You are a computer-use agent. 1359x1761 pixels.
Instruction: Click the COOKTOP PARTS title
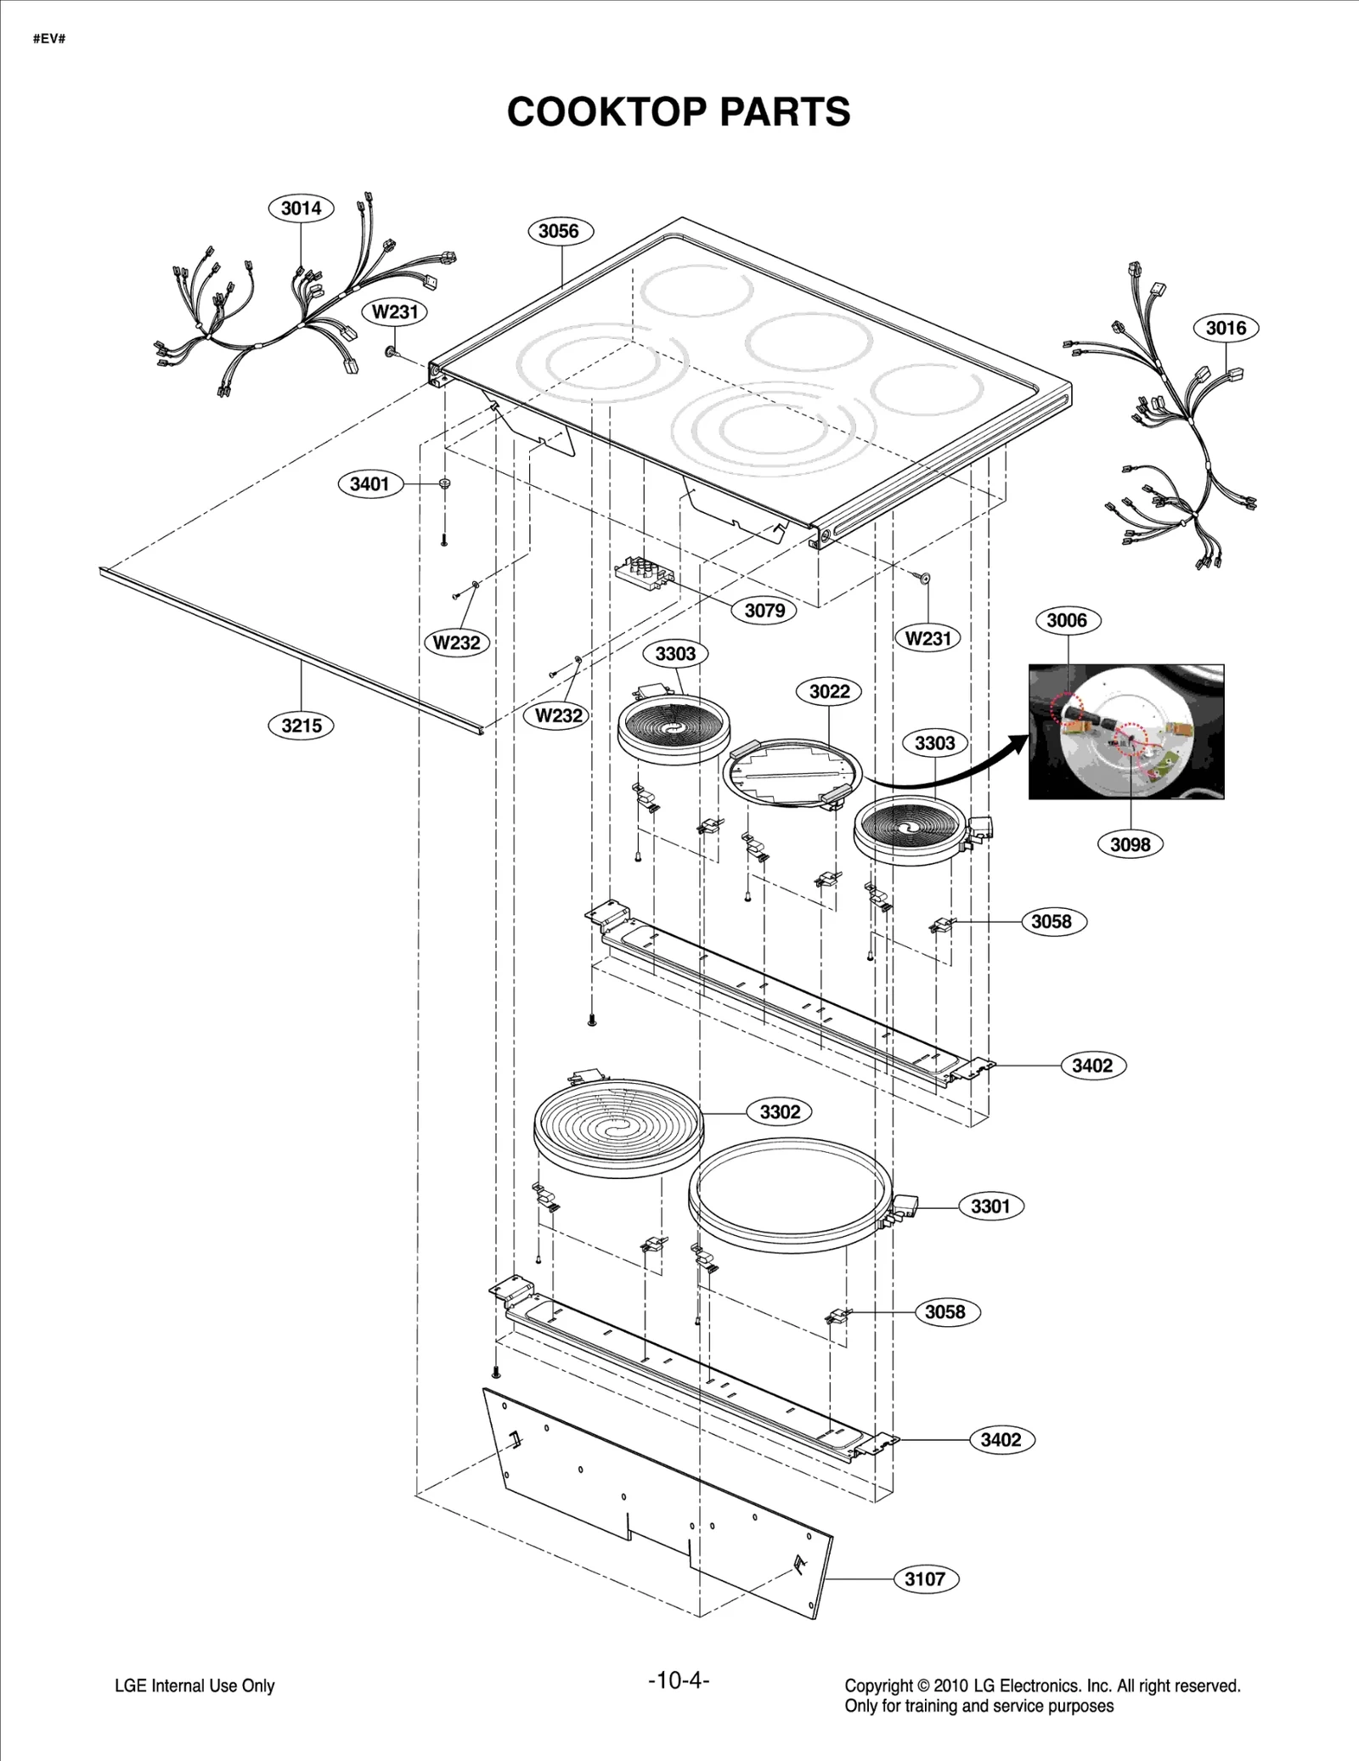click(678, 111)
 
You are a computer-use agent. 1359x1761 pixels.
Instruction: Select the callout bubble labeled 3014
click(302, 208)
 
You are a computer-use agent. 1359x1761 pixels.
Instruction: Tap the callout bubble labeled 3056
click(559, 231)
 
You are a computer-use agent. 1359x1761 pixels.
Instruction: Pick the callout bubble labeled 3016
click(1226, 328)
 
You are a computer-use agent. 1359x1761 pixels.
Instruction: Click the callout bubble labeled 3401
click(369, 484)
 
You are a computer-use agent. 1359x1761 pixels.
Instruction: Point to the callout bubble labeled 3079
click(764, 610)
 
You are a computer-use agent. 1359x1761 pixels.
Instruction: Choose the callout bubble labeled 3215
click(302, 725)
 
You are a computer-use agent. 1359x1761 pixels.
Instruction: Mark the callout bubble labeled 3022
click(829, 691)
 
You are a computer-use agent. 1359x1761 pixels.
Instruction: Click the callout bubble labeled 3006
click(1067, 620)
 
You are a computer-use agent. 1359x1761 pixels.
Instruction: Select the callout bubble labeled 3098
click(1130, 844)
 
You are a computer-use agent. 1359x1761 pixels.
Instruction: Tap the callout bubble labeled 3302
click(780, 1112)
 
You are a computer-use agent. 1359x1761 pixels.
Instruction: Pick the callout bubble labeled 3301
click(990, 1206)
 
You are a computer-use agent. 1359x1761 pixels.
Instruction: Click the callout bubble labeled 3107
click(925, 1579)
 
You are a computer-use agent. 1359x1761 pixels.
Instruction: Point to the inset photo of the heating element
click(1126, 731)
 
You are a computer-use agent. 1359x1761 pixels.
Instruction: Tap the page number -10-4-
click(678, 1679)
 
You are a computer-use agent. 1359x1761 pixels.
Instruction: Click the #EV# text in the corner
click(49, 39)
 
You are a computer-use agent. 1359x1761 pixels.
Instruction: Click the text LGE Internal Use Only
click(195, 1685)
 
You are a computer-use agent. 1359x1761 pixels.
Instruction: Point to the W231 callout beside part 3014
click(396, 312)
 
